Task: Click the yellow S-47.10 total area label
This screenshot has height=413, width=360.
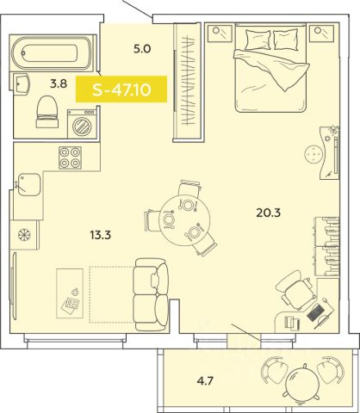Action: [121, 89]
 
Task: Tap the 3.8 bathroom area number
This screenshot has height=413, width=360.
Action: [59, 84]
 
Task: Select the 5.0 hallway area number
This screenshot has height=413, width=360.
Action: [142, 49]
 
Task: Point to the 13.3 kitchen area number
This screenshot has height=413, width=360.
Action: [101, 235]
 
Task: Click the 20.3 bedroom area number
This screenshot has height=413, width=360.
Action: [268, 213]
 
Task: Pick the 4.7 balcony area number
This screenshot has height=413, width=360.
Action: [205, 381]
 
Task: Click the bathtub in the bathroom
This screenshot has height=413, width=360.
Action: [52, 52]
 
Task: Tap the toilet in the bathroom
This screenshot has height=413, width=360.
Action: [47, 112]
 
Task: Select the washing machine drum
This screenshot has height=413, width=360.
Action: [82, 126]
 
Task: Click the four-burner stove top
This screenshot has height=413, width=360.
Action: [70, 157]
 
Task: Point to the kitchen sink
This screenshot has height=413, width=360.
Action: [29, 184]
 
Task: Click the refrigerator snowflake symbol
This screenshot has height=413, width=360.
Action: [24, 235]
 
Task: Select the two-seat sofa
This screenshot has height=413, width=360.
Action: [151, 294]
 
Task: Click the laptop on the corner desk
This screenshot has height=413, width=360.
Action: [315, 311]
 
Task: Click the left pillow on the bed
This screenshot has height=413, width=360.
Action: [258, 40]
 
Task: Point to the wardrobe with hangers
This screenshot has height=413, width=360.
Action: [188, 83]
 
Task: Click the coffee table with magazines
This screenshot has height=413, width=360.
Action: [70, 293]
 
